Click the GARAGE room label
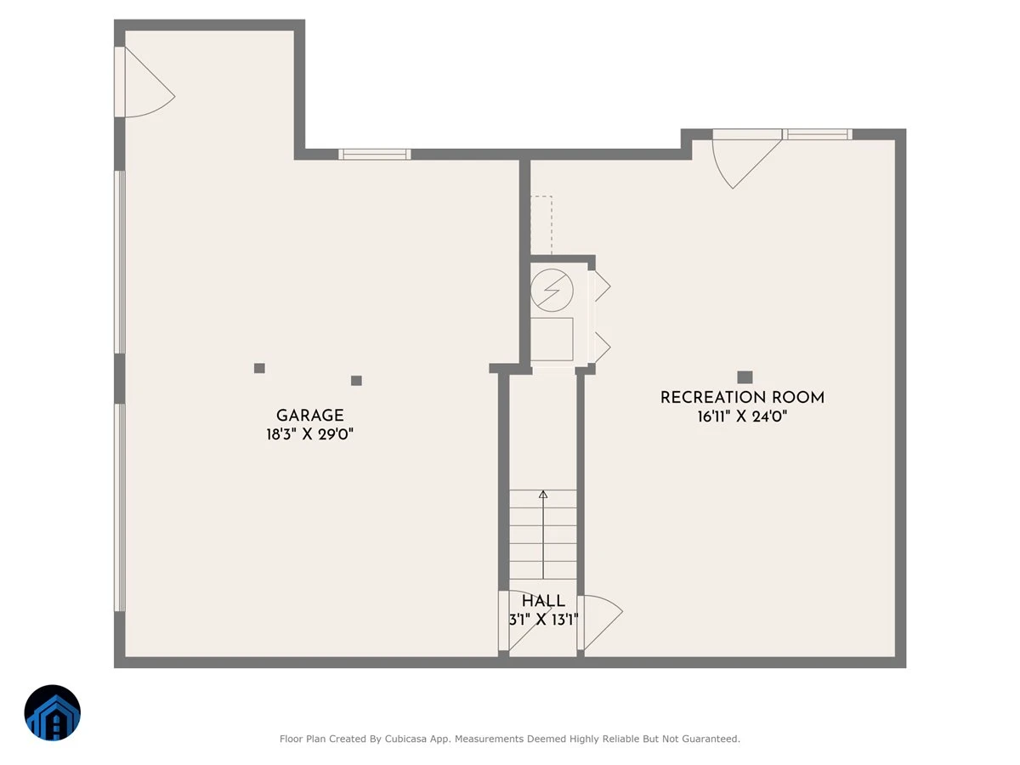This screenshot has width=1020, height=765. (309, 416)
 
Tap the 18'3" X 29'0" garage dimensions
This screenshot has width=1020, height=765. (309, 434)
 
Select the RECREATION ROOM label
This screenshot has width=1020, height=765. (742, 398)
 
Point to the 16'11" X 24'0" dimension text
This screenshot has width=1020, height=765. (742, 416)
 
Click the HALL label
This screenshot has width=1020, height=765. (543, 601)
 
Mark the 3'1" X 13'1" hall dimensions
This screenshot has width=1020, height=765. (543, 620)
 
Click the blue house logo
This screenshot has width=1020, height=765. (53, 712)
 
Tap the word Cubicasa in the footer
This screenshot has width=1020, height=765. (405, 739)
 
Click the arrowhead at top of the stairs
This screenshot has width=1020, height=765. (543, 495)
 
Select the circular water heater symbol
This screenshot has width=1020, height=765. (552, 291)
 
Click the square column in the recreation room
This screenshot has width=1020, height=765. (745, 377)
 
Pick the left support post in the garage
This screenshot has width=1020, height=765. (259, 368)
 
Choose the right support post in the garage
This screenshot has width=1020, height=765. (356, 381)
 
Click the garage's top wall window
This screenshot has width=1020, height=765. (375, 154)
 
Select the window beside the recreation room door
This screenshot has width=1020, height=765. (818, 134)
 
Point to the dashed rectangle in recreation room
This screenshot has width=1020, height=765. (541, 225)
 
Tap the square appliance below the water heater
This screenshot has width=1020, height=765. (552, 339)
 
